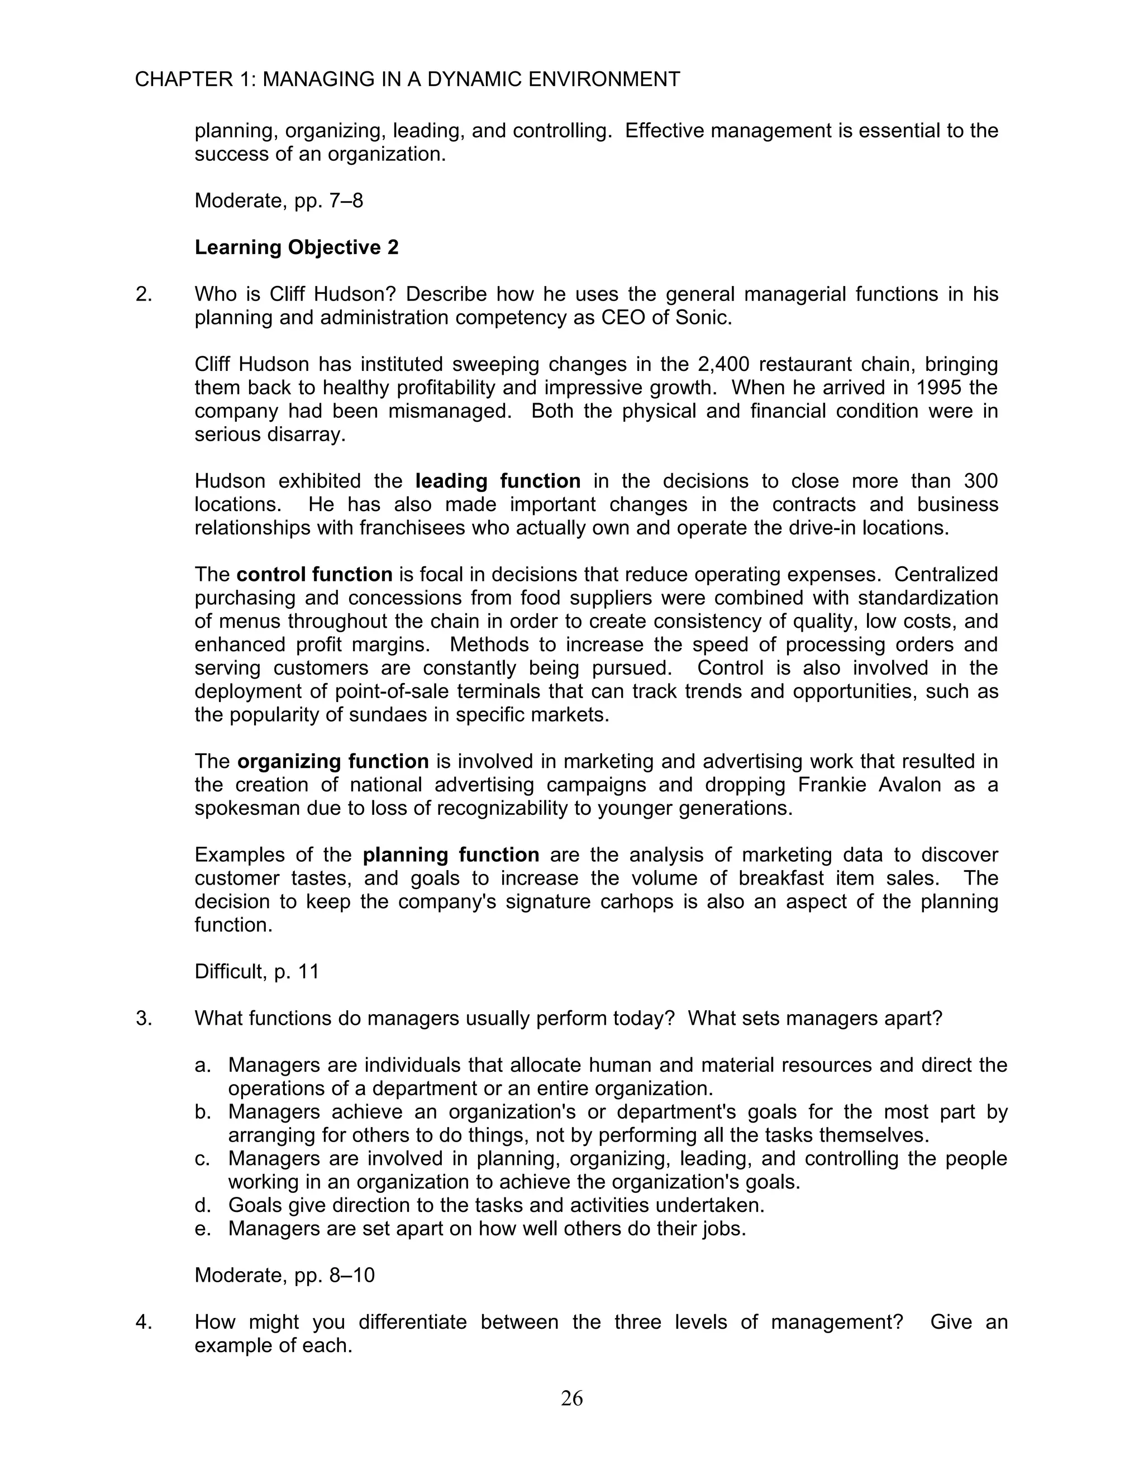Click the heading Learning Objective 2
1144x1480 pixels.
point(296,247)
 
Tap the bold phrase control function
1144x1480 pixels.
point(314,575)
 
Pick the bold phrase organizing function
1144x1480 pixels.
point(333,762)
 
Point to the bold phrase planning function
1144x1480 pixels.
point(451,855)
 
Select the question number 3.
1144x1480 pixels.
point(143,1019)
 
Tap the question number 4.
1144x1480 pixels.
point(143,1322)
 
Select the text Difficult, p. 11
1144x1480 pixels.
point(256,972)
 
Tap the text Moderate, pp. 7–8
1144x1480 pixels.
point(279,200)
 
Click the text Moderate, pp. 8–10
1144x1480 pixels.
point(284,1276)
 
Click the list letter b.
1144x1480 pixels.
point(202,1112)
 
